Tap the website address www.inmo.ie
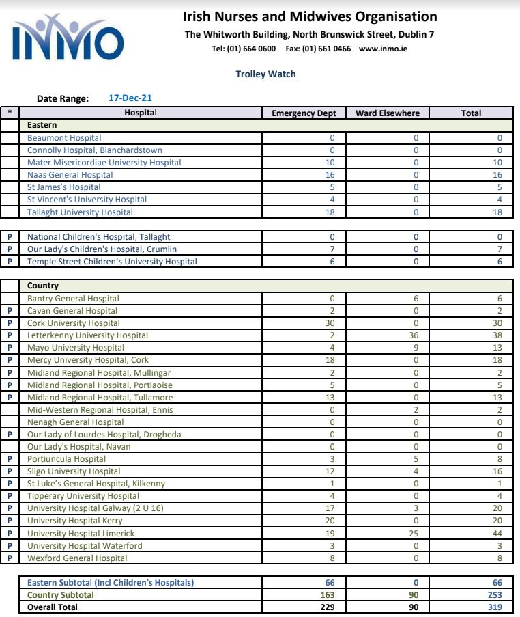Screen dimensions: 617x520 pyautogui.click(x=383, y=49)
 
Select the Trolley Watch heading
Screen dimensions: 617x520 pyautogui.click(x=265, y=74)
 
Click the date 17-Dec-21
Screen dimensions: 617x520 pyautogui.click(x=130, y=98)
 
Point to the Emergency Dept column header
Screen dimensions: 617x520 pyautogui.click(x=304, y=113)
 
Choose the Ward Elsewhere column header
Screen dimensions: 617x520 pyautogui.click(x=388, y=113)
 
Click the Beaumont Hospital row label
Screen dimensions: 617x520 pyautogui.click(x=64, y=138)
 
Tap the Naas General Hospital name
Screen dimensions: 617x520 pyautogui.click(x=70, y=175)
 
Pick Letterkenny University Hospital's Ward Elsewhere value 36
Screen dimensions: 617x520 pyautogui.click(x=414, y=335)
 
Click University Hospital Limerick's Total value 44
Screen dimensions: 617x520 pyautogui.click(x=497, y=534)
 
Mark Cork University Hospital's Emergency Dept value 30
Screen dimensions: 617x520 pyautogui.click(x=330, y=323)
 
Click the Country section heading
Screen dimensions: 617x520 pyautogui.click(x=43, y=286)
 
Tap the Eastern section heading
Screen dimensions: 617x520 pyautogui.click(x=42, y=125)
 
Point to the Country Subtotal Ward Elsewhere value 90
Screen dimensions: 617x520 pyautogui.click(x=414, y=595)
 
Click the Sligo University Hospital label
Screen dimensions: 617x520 pyautogui.click(x=74, y=471)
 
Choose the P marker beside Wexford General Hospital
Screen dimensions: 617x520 pyautogui.click(x=10, y=558)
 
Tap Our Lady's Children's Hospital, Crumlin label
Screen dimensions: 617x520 pyautogui.click(x=102, y=249)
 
